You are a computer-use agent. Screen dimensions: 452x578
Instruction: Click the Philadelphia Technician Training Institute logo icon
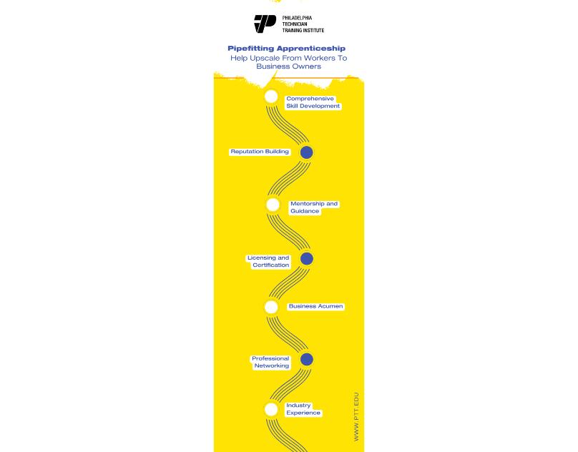(x=265, y=24)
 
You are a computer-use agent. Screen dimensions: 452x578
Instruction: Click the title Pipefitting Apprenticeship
(x=286, y=49)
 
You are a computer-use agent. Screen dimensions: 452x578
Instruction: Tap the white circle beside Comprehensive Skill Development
(x=271, y=97)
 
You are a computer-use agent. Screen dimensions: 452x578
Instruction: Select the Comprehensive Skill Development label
(x=313, y=102)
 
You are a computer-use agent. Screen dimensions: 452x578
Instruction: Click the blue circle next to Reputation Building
(x=306, y=152)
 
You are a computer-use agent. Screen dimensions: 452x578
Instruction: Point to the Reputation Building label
(x=260, y=152)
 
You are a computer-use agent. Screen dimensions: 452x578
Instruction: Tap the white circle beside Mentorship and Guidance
(x=273, y=205)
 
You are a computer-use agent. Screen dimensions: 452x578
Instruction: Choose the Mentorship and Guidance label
(x=313, y=207)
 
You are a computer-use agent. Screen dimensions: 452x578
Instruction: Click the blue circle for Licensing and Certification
(x=306, y=258)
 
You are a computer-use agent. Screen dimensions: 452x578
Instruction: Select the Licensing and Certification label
(x=268, y=261)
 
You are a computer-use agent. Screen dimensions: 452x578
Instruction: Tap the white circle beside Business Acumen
(x=271, y=307)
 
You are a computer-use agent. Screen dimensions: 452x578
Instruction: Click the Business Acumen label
(x=315, y=306)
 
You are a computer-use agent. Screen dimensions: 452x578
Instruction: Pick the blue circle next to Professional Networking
(x=306, y=359)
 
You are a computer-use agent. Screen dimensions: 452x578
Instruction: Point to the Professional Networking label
(x=270, y=362)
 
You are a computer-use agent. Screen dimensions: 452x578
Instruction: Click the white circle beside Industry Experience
(x=271, y=409)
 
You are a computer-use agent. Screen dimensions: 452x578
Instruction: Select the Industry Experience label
(x=303, y=409)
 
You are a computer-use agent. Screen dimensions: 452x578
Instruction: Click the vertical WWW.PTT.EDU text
(x=356, y=416)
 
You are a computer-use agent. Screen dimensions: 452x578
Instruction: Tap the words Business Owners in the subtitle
(x=288, y=67)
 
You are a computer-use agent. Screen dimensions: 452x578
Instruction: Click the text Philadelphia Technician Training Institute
(x=303, y=24)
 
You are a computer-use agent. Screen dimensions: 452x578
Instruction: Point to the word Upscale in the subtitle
(x=266, y=58)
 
